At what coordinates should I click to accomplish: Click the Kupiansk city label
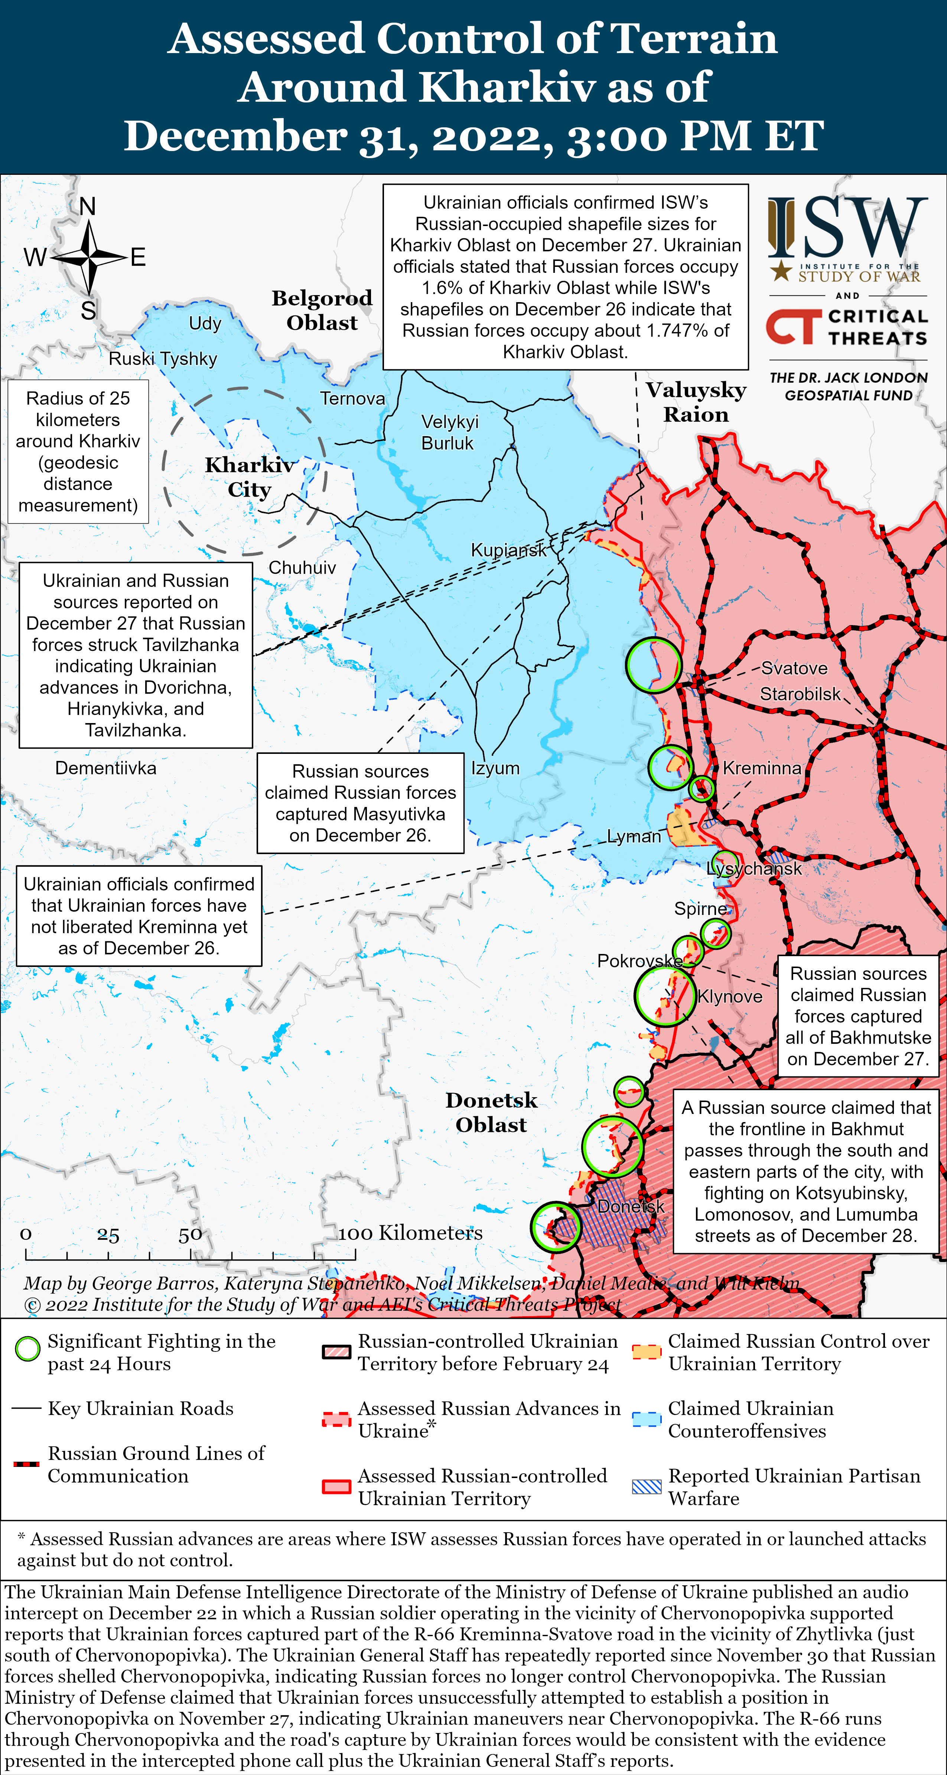click(508, 550)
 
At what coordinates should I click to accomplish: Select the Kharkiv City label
click(250, 477)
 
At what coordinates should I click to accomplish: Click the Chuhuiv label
click(302, 568)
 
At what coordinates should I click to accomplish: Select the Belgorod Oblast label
click(322, 310)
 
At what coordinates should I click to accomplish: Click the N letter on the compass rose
click(88, 206)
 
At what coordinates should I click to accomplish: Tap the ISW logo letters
click(848, 228)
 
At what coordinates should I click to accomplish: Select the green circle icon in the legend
click(27, 1349)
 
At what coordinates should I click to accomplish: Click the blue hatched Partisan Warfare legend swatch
click(647, 1487)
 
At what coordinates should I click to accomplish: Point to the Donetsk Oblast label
click(491, 1112)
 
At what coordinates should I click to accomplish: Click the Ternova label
click(352, 398)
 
